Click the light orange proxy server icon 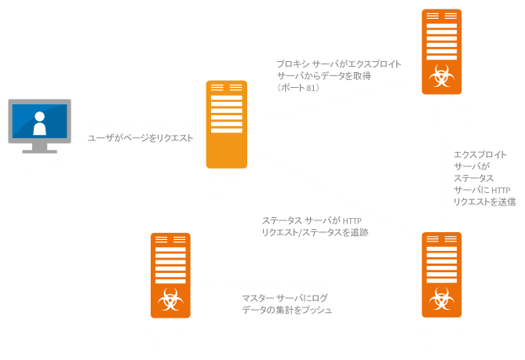[x=226, y=122]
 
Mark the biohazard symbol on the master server [x=170, y=300]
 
